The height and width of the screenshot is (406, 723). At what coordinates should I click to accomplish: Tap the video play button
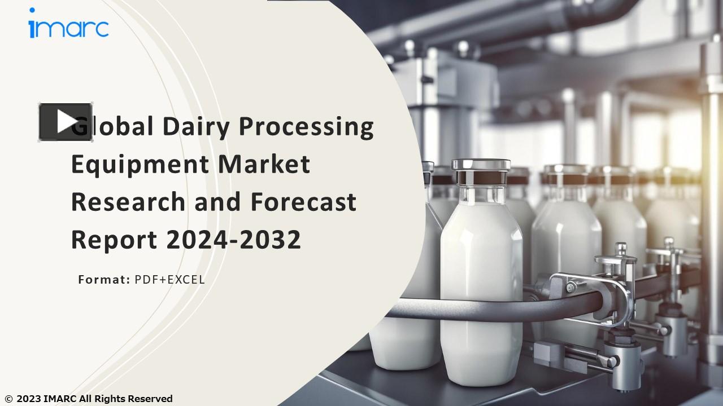pos(66,122)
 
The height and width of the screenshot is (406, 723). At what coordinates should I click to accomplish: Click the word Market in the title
pos(264,164)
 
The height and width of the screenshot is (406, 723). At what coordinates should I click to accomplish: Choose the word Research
pos(129,201)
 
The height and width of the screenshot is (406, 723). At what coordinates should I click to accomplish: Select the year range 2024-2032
pos(234,240)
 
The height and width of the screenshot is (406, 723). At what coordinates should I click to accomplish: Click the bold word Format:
pos(104,279)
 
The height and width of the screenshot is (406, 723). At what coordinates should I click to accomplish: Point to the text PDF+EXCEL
pos(169,279)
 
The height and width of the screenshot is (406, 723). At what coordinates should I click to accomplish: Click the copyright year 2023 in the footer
pos(28,399)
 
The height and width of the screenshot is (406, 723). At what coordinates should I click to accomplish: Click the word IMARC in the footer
pos(60,399)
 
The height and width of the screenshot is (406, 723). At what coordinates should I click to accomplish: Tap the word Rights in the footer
pos(110,399)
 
